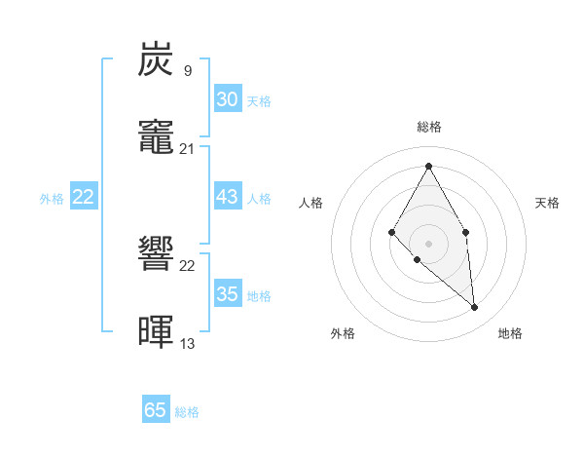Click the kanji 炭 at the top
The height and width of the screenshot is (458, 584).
[157, 59]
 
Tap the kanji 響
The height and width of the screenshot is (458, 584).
[157, 256]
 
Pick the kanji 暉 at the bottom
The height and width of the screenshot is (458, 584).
[157, 332]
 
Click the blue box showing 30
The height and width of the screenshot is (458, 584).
[227, 99]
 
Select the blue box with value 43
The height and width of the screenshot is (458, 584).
[227, 197]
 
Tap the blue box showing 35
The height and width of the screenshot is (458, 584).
[227, 294]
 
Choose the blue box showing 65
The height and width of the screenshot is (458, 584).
[156, 410]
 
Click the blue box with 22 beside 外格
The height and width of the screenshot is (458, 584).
[84, 197]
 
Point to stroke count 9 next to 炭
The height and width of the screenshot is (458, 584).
[187, 70]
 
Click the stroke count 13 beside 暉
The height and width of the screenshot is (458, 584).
[187, 343]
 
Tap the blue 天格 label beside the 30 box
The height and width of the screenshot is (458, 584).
[259, 101]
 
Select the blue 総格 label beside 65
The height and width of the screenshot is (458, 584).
[187, 412]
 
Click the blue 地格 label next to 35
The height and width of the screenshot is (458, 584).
[259, 296]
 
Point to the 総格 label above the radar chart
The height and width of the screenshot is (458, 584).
[428, 127]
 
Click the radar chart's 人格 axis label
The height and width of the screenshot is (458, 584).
[311, 203]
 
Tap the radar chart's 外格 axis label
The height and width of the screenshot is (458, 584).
[343, 333]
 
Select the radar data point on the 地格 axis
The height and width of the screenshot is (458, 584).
[474, 308]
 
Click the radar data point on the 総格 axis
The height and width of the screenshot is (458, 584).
[428, 166]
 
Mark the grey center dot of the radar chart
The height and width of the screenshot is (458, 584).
[428, 243]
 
